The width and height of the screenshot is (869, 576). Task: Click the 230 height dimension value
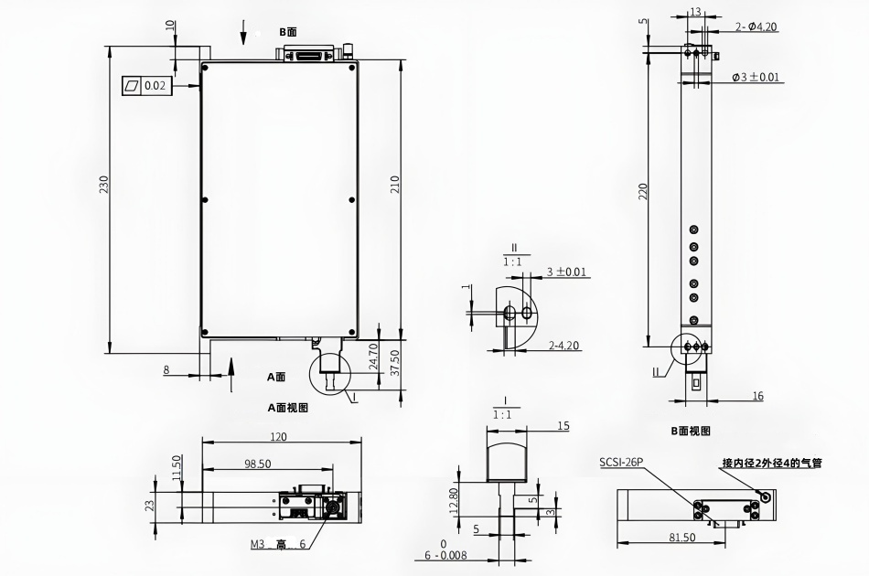click(104, 185)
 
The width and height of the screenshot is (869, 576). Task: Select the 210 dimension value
click(394, 184)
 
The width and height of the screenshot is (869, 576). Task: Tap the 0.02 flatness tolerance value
click(155, 86)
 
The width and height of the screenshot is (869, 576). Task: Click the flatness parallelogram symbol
click(133, 86)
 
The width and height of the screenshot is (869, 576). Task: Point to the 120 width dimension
click(278, 437)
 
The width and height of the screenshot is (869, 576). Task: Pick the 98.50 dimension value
click(258, 464)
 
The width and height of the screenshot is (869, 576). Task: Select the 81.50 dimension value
click(681, 538)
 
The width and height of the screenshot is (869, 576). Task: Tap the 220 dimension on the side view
click(643, 192)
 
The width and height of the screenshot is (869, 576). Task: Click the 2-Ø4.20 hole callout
click(756, 27)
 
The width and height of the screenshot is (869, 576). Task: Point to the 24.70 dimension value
click(373, 357)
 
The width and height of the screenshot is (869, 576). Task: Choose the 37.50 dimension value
click(394, 363)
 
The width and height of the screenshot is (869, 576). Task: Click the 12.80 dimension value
click(454, 502)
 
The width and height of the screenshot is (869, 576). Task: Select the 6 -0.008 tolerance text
click(446, 556)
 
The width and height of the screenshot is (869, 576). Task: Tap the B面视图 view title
click(691, 431)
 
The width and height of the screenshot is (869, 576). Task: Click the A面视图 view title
click(287, 408)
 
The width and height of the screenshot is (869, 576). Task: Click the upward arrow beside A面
click(231, 375)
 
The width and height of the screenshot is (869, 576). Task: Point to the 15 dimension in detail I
click(563, 426)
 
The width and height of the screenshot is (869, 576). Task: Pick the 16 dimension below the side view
click(758, 396)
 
